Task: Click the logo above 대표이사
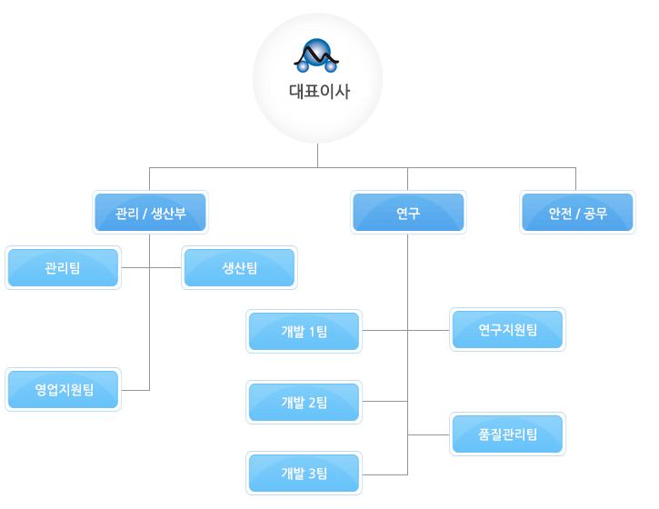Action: coord(316,57)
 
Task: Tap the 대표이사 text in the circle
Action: coord(318,91)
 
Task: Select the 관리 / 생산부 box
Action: coord(151,215)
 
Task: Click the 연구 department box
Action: coord(408,215)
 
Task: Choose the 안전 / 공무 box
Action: coord(577,215)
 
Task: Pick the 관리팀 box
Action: coord(63,268)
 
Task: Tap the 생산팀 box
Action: coord(239,268)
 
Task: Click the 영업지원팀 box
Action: coord(63,390)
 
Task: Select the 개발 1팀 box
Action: coord(305,332)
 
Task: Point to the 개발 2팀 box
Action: coord(305,402)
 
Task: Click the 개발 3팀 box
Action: coord(305,473)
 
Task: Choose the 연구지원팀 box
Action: coord(507,330)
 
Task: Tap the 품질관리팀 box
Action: coord(507,434)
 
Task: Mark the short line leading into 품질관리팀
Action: coord(429,435)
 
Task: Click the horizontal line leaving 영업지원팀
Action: coord(135,390)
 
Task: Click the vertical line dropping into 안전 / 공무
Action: coord(576,179)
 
